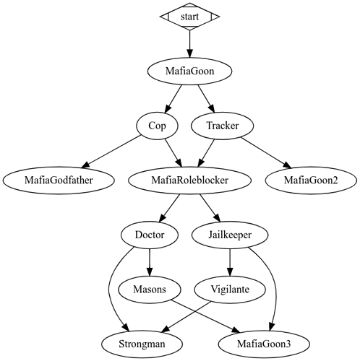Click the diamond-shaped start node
(x=189, y=17)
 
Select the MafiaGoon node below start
(x=189, y=71)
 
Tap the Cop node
(x=157, y=126)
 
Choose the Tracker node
(x=223, y=126)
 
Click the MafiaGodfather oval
(x=59, y=180)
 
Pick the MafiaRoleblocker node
(x=189, y=180)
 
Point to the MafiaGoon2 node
(x=311, y=180)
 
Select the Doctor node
(x=150, y=235)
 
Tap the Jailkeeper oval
(x=230, y=235)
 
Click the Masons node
(x=150, y=290)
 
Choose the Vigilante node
(x=230, y=290)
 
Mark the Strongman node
(x=142, y=344)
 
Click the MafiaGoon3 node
(x=264, y=344)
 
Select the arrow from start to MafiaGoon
(x=189, y=44)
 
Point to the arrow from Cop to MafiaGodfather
(x=111, y=152)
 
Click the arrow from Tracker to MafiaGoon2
(x=266, y=152)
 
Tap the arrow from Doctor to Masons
(x=150, y=262)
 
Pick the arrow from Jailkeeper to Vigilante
(x=230, y=262)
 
